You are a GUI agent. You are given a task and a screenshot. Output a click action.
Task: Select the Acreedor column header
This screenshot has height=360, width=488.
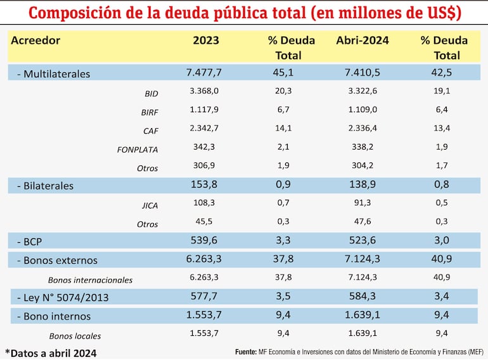35,40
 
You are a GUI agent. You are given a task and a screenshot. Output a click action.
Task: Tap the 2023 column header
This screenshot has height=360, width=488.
206,40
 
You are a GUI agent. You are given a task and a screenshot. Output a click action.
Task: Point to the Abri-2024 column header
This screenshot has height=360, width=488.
363,40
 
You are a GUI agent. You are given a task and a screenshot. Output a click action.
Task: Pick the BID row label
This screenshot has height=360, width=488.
151,94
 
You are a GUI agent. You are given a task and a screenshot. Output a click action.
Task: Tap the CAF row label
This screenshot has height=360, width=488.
150,131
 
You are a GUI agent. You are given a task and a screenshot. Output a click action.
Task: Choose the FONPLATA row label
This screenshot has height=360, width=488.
138,150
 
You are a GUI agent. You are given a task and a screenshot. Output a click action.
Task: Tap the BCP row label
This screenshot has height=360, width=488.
32,241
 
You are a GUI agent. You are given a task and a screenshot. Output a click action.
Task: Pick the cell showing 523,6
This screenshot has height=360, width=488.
362,241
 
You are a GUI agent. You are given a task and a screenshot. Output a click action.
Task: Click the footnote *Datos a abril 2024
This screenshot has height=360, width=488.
51,353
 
